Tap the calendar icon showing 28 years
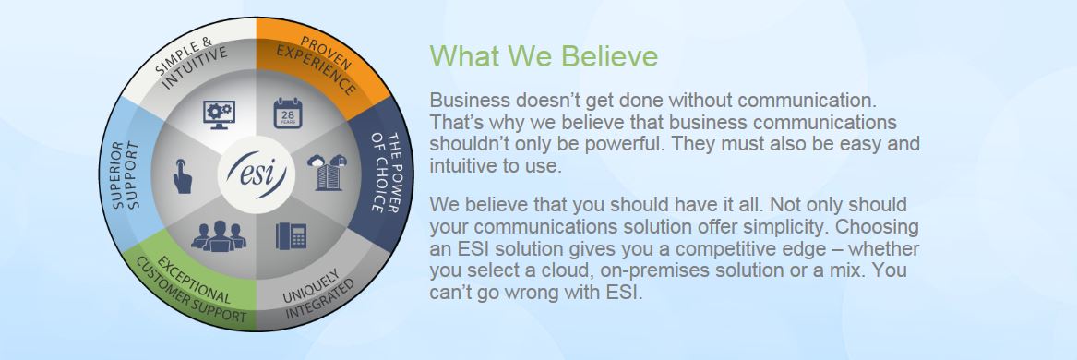click(288, 114)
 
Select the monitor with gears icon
click(219, 114)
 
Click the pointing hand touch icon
click(183, 174)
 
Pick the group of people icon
click(219, 235)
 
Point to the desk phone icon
click(290, 235)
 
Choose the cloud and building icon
click(327, 174)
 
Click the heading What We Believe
click(544, 56)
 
